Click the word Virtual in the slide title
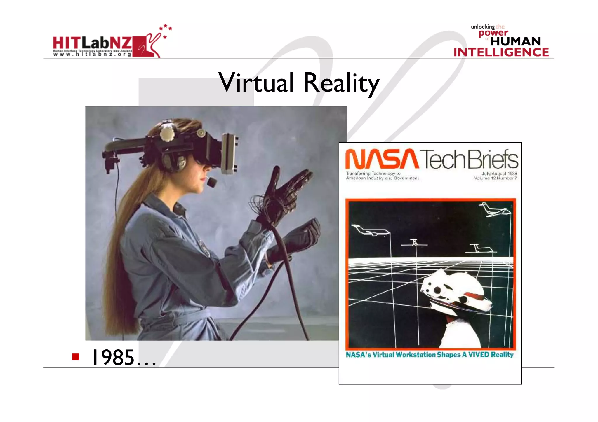point(256,83)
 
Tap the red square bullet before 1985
point(76,357)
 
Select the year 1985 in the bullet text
point(113,358)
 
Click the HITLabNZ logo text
point(92,43)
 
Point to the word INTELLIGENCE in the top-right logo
point(501,52)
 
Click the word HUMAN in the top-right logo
point(515,41)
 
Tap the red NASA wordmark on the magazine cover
point(382,159)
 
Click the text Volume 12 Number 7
point(495,178)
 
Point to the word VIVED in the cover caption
point(479,355)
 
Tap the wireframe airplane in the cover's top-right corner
point(494,209)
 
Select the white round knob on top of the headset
point(167,134)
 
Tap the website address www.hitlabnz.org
point(92,54)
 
